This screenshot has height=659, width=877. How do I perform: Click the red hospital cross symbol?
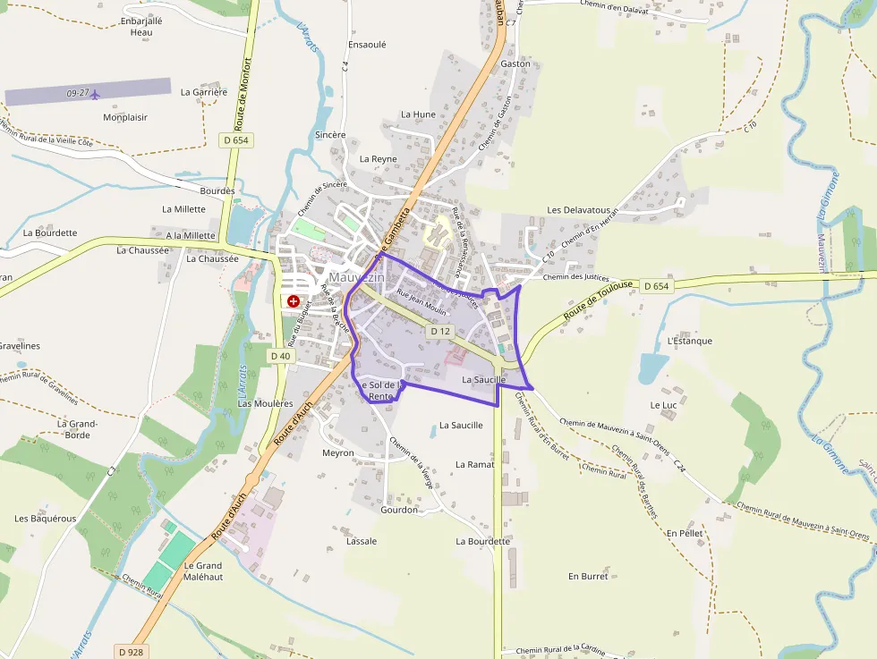pos(293,302)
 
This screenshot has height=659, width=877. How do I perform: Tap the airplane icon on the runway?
pos(96,93)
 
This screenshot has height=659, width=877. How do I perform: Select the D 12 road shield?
pos(438,331)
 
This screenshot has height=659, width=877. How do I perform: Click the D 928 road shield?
pos(130,652)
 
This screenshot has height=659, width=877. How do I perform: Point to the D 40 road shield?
pos(280,356)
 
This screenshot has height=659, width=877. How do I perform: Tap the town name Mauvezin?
pos(357,278)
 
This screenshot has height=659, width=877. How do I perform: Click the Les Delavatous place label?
pos(578,210)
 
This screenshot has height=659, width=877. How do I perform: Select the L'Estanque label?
pos(689,341)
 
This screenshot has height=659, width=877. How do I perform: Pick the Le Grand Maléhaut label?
pos(202,571)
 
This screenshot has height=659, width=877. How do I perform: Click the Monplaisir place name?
pos(125,117)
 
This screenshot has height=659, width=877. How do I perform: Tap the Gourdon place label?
pos(399,510)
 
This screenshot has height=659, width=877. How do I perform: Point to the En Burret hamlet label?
pos(588,577)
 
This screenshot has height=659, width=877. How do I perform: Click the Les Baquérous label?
pos(46,519)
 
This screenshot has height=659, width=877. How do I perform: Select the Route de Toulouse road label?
pos(598,301)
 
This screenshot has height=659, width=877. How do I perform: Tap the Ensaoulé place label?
pos(367,44)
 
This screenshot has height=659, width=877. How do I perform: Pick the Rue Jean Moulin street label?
pos(421,304)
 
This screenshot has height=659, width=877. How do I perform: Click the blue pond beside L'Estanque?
pos(653,368)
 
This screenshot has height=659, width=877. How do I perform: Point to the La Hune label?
pos(418,114)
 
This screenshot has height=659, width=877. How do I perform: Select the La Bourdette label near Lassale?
pos(482,541)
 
